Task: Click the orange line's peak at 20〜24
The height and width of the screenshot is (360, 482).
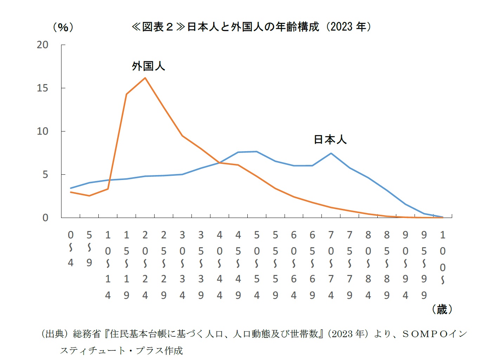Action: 145,78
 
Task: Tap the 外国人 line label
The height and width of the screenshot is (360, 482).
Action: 148,66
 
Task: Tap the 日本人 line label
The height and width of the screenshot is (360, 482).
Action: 330,140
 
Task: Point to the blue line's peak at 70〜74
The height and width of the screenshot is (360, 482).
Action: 331,153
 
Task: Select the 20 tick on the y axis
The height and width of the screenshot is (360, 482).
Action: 43,45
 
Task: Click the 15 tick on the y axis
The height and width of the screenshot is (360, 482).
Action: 43,88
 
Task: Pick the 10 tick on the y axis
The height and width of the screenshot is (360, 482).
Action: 43,131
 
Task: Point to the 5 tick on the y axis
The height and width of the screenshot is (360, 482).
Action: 45,174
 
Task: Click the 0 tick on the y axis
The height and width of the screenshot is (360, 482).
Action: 45,218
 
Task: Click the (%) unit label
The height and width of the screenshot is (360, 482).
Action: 63,27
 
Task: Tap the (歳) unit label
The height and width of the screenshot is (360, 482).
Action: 442,309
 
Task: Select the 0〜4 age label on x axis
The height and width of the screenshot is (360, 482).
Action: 71,248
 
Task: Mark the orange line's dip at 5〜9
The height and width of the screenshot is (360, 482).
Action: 89,195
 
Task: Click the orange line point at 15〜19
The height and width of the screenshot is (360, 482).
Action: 126,94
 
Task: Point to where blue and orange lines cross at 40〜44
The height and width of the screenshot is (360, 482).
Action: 220,163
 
